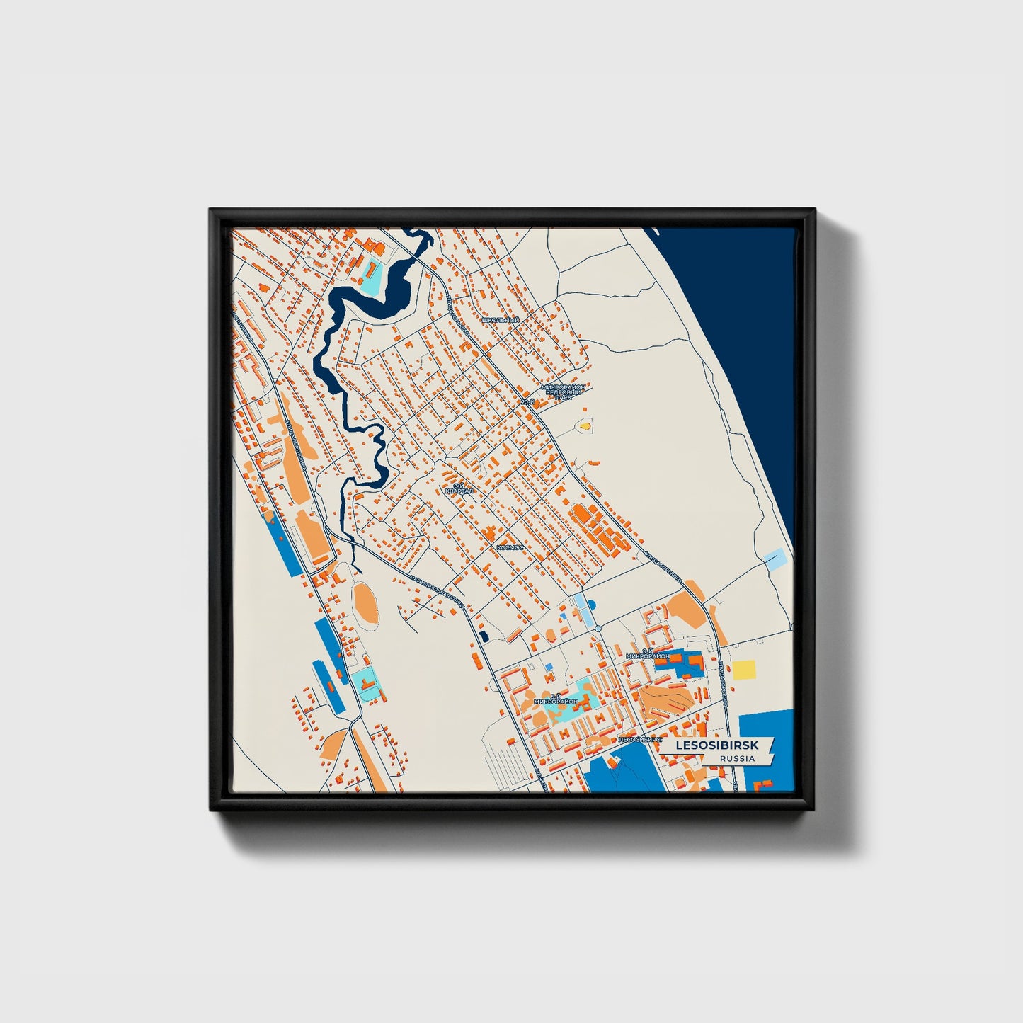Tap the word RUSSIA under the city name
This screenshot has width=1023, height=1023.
pos(736,758)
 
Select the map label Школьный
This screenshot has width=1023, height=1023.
pos(500,320)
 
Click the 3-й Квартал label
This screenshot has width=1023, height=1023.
pos(456,488)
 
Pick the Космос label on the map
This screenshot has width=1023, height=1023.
pos(510,547)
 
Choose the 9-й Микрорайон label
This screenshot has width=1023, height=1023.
pos(648,653)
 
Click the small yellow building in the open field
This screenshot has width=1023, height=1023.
pos(585,426)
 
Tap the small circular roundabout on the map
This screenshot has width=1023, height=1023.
pos(598,629)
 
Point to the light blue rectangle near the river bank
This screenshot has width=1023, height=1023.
pos(775,559)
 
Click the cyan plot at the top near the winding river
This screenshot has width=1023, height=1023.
pos(370,277)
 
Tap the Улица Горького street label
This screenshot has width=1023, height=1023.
pos(662,565)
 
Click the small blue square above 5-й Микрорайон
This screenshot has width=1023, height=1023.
pos(549,667)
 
